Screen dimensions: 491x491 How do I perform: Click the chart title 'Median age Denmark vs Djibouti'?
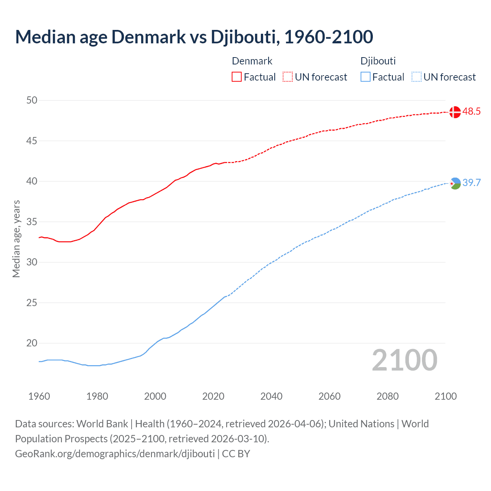[x=194, y=37]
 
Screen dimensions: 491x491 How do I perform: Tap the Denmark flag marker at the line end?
[x=455, y=112]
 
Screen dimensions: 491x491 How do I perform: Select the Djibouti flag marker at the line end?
[x=455, y=184]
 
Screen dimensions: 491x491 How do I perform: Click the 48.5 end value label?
[x=471, y=112]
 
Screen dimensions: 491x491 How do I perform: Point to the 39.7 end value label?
[x=471, y=183]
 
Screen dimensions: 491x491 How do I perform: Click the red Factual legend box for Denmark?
[x=237, y=77]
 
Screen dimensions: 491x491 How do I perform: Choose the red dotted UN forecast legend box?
[x=288, y=77]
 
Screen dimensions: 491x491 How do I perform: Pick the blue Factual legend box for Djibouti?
[x=366, y=77]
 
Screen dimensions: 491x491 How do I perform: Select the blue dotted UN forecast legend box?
[x=416, y=77]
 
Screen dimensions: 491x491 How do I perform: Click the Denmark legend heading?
[x=252, y=61]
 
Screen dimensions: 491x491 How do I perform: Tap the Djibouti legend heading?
[x=378, y=61]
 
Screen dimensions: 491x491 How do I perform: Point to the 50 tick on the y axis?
[x=32, y=101]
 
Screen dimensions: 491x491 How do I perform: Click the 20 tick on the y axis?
[x=32, y=343]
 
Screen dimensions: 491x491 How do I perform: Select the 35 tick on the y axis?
[x=32, y=222]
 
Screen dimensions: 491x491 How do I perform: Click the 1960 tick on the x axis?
[x=39, y=396]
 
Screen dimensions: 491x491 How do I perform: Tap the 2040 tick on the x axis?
[x=271, y=396]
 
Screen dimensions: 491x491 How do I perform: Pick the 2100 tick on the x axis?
[x=446, y=396]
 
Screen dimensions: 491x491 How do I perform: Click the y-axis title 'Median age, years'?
[x=16, y=239]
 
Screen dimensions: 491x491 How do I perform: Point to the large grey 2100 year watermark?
[x=404, y=360]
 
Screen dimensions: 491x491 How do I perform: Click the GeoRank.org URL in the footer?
[x=115, y=454]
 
